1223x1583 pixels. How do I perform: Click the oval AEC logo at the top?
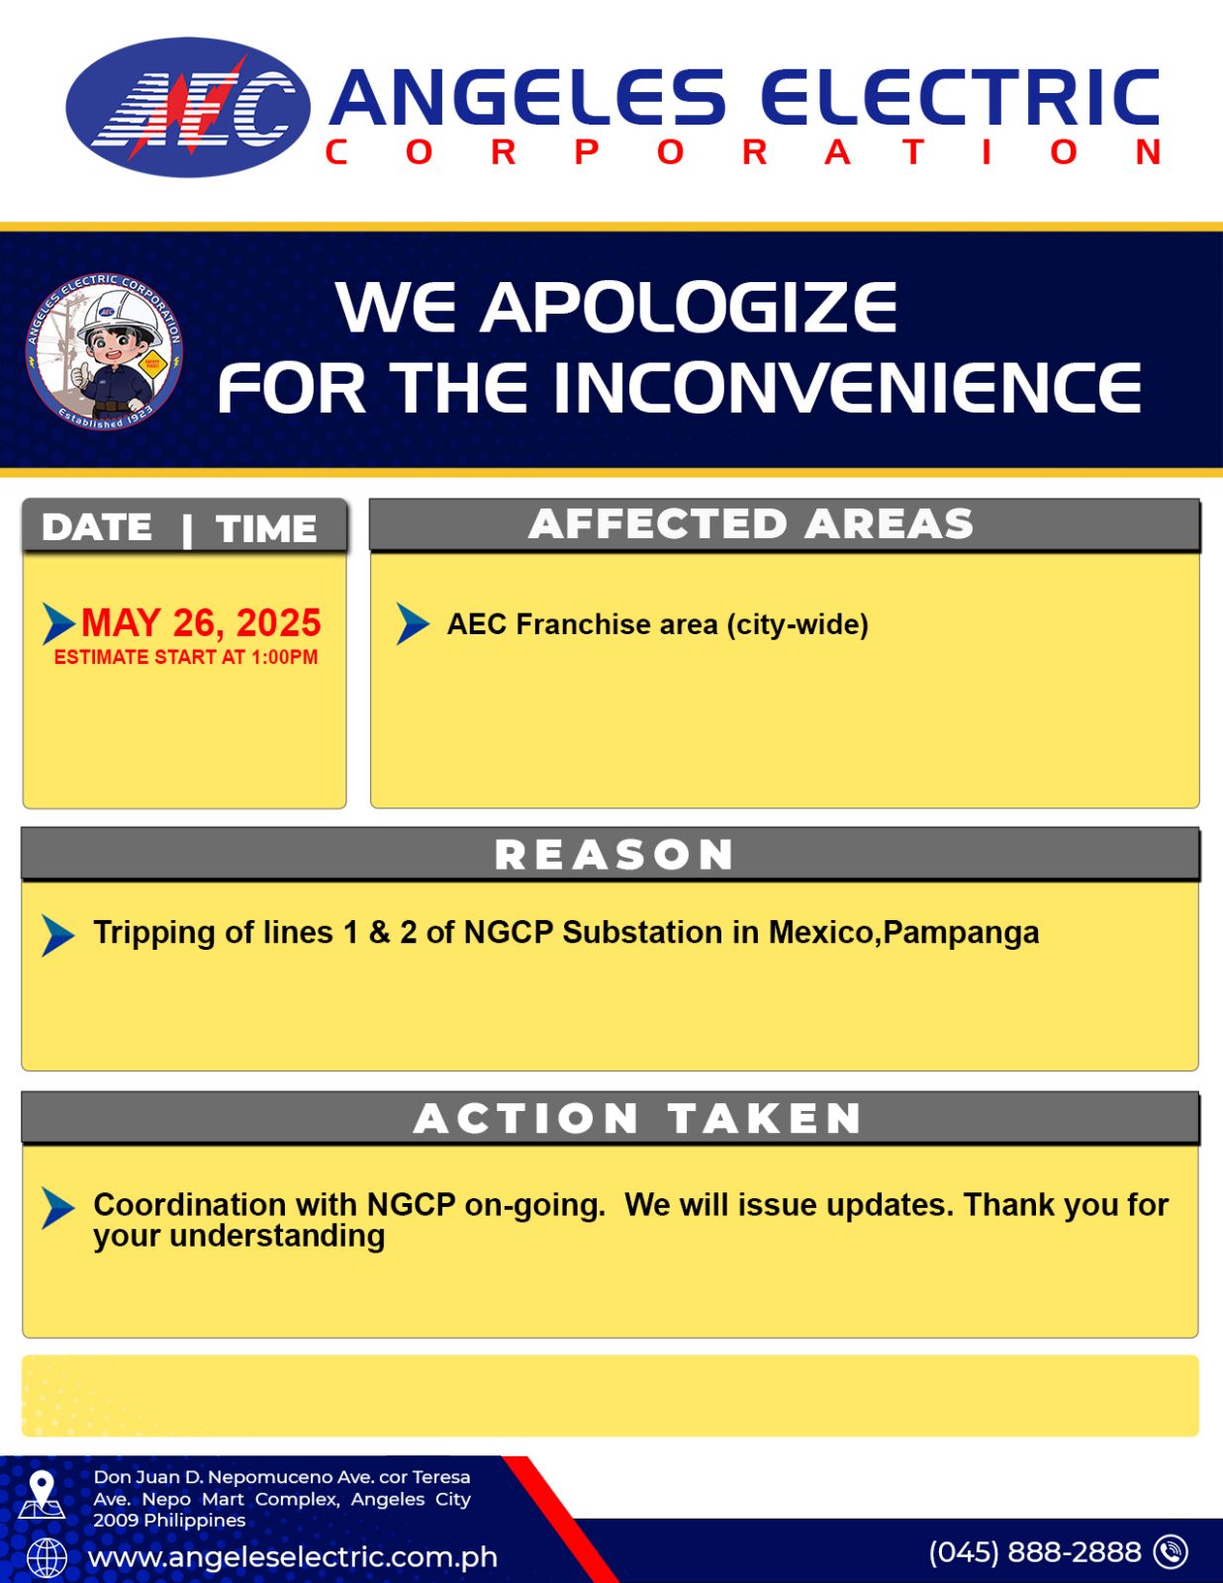pyautogui.click(x=188, y=107)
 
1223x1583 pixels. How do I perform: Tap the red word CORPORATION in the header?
pyautogui.click(x=743, y=152)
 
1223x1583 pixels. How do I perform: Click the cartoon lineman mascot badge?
pyautogui.click(x=104, y=355)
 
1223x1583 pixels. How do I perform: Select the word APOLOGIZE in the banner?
pyautogui.click(x=689, y=308)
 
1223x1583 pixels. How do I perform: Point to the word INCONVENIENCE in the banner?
pyautogui.click(x=847, y=388)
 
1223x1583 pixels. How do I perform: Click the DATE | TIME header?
pyautogui.click(x=179, y=527)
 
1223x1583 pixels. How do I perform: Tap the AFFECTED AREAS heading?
pyautogui.click(x=751, y=523)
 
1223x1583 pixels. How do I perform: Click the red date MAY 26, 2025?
pyautogui.click(x=201, y=623)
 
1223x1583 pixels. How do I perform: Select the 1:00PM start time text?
pyautogui.click(x=285, y=657)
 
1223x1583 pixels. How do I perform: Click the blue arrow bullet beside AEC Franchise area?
pyautogui.click(x=413, y=623)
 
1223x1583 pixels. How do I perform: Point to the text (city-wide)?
pyautogui.click(x=798, y=624)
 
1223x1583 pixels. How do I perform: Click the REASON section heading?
pyautogui.click(x=614, y=855)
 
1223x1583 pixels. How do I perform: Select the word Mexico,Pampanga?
pyautogui.click(x=904, y=933)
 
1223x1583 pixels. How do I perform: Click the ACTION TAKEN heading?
pyautogui.click(x=637, y=1118)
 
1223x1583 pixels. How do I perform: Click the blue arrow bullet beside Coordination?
pyautogui.click(x=58, y=1209)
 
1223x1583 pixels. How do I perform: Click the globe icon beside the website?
pyautogui.click(x=47, y=1559)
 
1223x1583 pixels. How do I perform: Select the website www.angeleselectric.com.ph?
pyautogui.click(x=293, y=1557)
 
